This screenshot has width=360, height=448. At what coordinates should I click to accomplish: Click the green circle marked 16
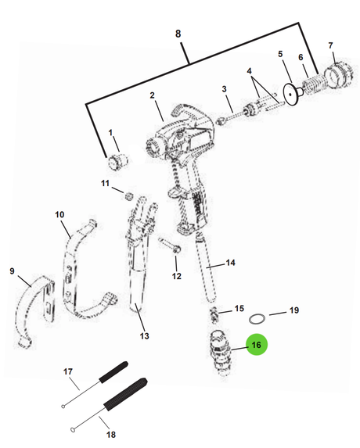(257, 345)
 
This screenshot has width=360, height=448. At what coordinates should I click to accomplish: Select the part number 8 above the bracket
(178, 34)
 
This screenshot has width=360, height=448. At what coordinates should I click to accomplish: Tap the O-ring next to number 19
(257, 318)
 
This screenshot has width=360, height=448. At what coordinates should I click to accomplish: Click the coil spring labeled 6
(313, 84)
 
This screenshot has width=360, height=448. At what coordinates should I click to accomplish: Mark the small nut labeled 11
(129, 196)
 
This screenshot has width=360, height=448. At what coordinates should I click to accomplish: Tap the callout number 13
(145, 335)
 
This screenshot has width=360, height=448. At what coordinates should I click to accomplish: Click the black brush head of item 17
(113, 371)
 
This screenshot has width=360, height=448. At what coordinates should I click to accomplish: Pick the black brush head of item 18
(125, 395)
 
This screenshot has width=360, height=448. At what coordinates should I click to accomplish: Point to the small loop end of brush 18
(73, 429)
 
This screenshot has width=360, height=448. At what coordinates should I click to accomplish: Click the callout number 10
(59, 214)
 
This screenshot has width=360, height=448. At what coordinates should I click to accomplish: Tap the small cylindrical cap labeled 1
(117, 161)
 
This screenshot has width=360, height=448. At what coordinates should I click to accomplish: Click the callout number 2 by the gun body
(152, 95)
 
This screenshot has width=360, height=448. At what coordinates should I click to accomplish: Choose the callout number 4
(250, 70)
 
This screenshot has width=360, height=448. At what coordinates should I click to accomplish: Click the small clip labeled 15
(214, 314)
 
